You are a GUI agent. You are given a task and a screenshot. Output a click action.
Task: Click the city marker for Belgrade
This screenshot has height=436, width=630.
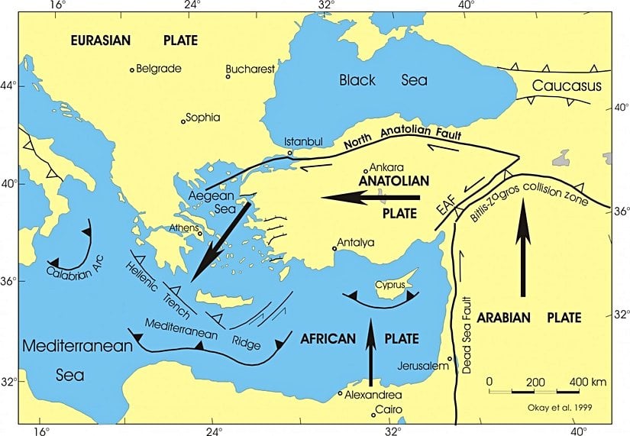[x=132, y=69]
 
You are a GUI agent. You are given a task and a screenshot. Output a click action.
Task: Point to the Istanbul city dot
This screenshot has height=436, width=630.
[x=290, y=153]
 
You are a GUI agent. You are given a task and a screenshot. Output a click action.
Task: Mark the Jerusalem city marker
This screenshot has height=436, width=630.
[x=451, y=359]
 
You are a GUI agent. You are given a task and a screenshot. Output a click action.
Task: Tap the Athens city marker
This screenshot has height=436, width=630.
[x=199, y=234]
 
